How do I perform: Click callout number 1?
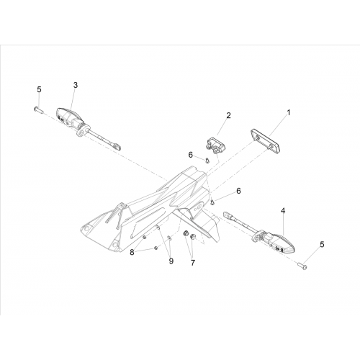pos(289,112)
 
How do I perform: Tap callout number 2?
pos(228,115)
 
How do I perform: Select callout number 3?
pos(76,85)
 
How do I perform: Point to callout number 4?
pos(283,211)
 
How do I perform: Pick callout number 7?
pos(193,263)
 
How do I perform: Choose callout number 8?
pos(132,252)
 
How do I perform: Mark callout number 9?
pos(171,261)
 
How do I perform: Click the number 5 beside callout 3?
pos(39,89)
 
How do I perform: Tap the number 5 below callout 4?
pos(322,245)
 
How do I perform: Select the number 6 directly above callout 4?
pos(238,191)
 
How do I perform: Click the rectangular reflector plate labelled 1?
pos(266,142)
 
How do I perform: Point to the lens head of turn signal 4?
pos(283,243)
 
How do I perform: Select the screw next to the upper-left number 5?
pos(37,110)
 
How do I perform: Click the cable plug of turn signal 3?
pos(116,145)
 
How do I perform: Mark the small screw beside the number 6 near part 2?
pos(207,160)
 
